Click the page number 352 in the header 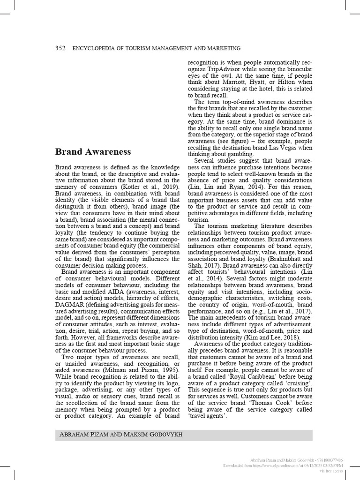pyautogui.click(x=60, y=48)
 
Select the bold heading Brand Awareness pyautogui.click(x=93, y=151)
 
